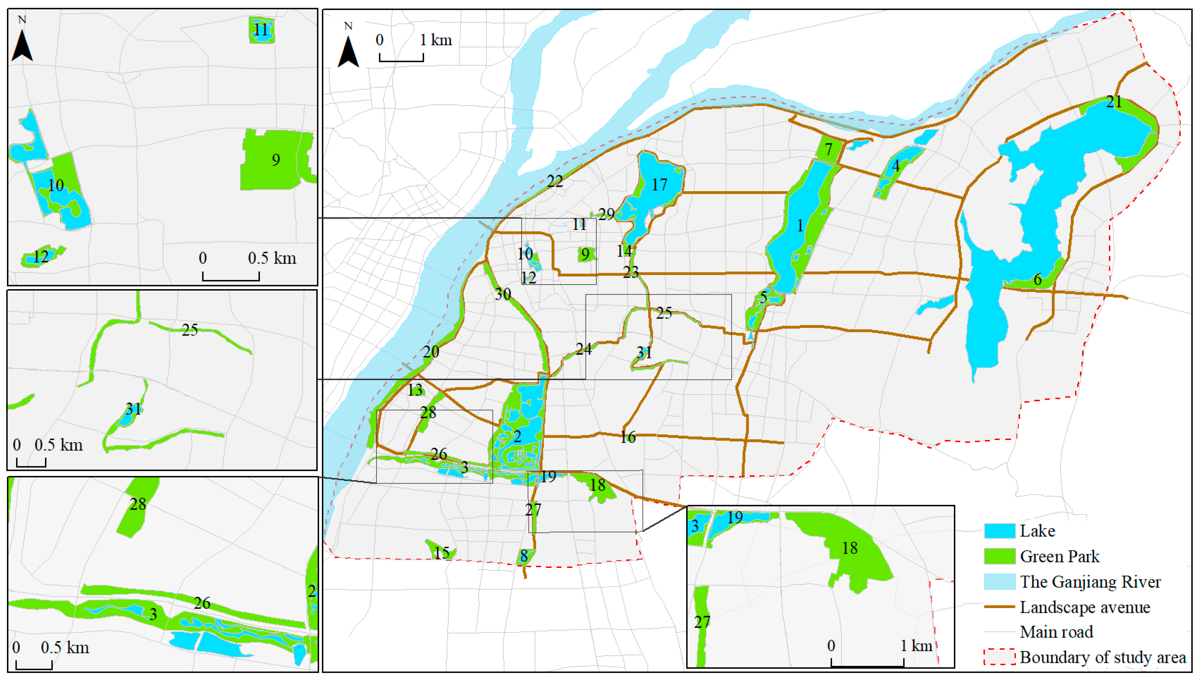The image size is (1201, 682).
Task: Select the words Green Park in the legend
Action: [x=1060, y=556]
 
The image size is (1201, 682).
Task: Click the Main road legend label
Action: [x=1056, y=632]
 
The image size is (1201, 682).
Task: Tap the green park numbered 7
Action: [x=829, y=149]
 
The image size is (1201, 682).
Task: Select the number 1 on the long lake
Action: [x=800, y=226]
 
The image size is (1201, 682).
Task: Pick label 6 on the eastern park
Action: [x=1038, y=280]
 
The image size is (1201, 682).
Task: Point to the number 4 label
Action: [x=896, y=166]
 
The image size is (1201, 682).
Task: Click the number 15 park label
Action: [x=441, y=553]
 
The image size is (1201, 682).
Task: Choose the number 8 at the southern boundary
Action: [x=524, y=556]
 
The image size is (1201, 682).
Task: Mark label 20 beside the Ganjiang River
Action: [x=431, y=352]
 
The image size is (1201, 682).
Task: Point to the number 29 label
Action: [x=606, y=214]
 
